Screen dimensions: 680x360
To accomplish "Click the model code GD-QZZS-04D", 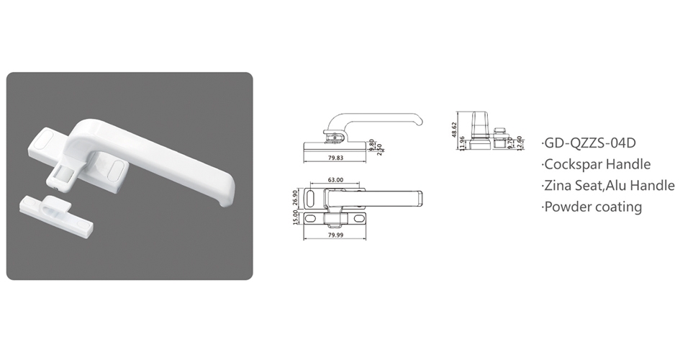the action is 590,143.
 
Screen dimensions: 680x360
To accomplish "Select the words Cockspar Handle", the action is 597,164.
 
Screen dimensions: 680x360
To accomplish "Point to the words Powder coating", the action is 593,207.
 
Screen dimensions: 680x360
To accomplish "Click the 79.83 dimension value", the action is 335,158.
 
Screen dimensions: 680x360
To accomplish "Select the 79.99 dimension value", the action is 335,235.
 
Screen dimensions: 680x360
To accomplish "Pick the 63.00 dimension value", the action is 335,180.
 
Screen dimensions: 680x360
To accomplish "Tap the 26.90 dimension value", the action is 296,197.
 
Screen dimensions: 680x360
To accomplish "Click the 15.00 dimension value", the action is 296,217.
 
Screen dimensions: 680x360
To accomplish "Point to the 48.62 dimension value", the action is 454,130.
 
